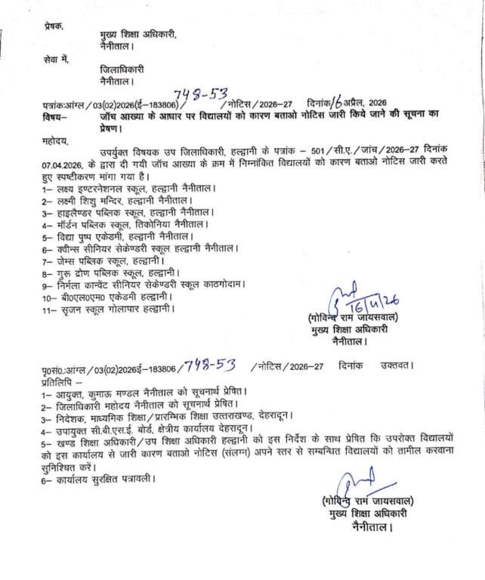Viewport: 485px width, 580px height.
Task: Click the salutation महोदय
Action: [55, 141]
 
